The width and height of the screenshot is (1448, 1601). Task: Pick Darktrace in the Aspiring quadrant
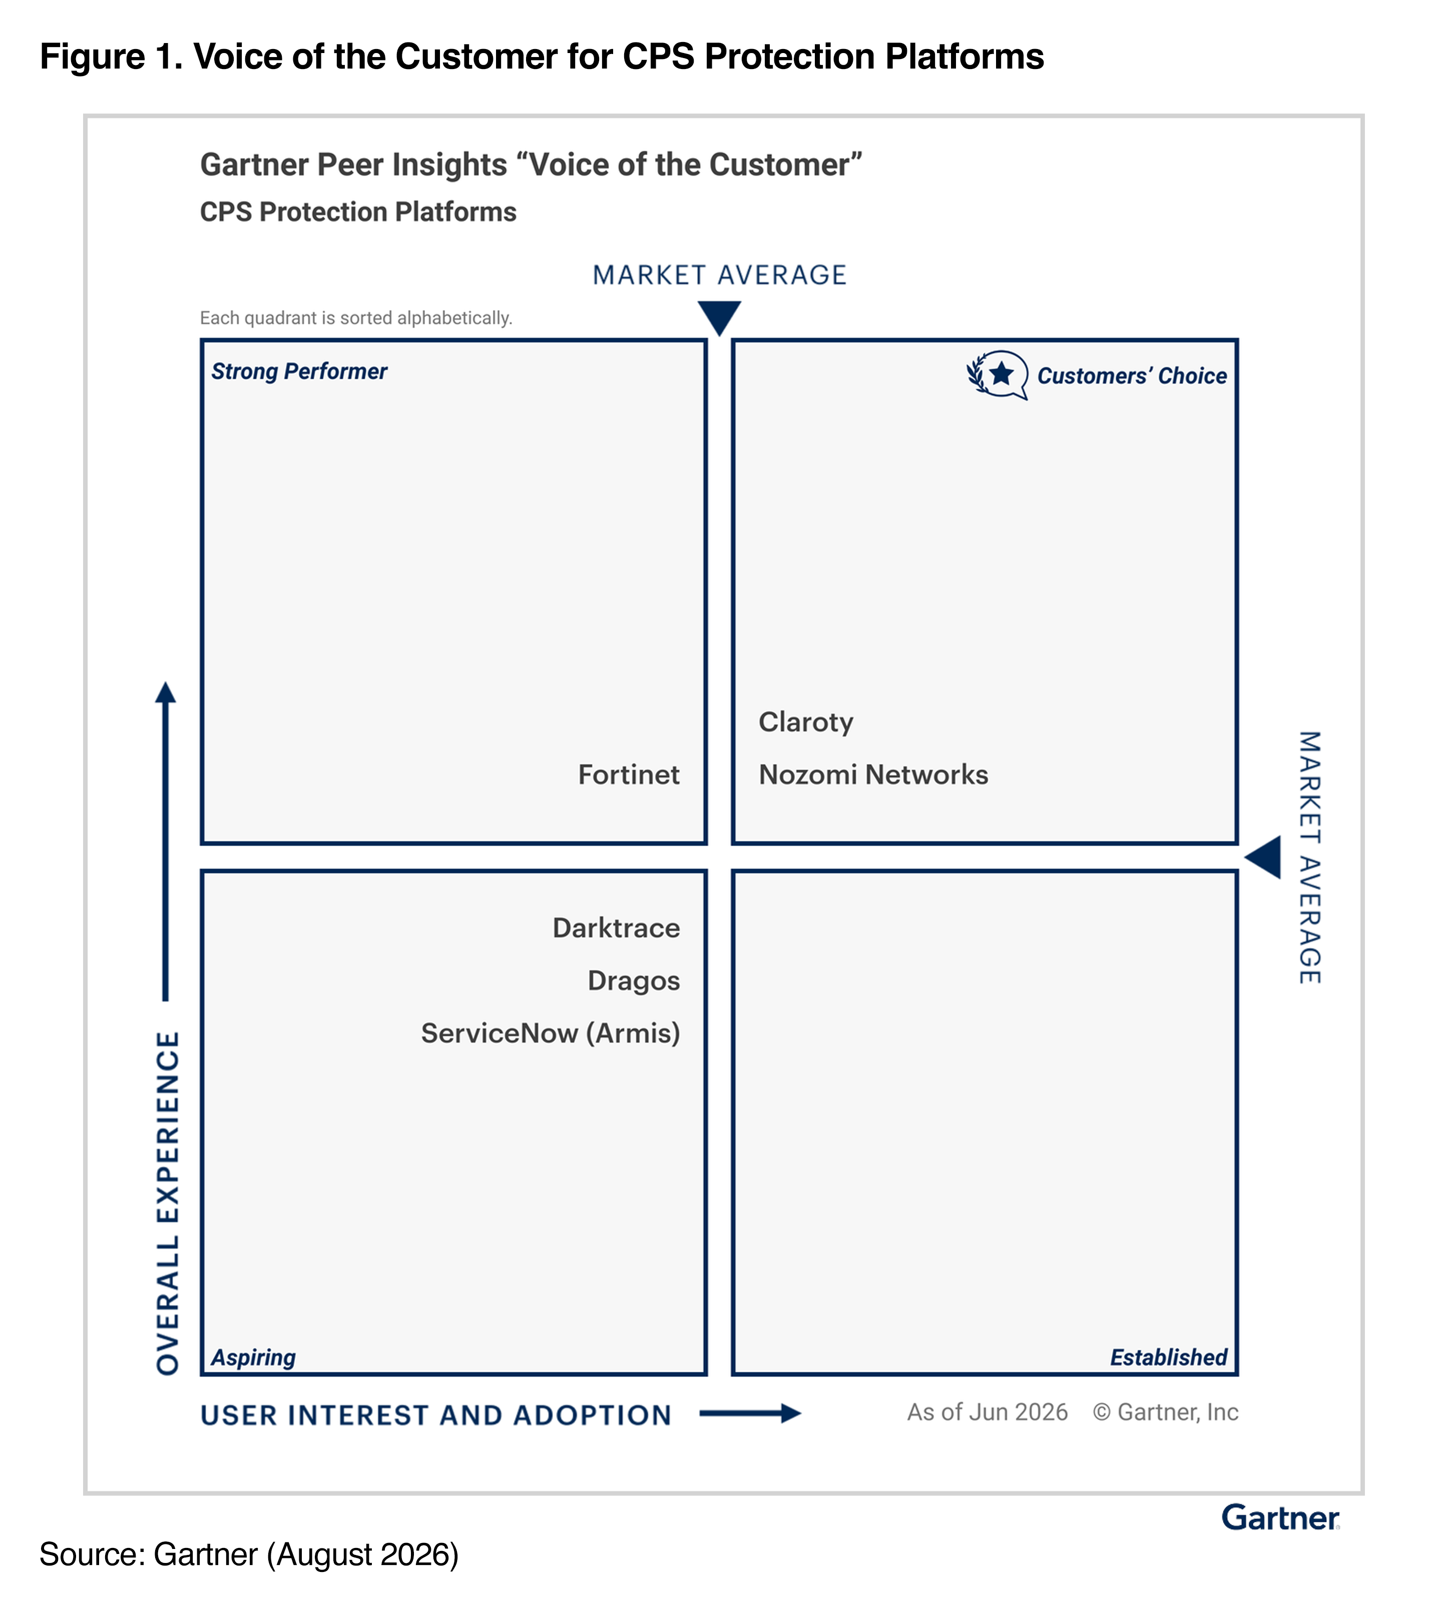616,928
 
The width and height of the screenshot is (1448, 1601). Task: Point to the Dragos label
634,981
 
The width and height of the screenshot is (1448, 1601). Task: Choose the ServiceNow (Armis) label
551,1033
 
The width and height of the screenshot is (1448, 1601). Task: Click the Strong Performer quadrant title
299,372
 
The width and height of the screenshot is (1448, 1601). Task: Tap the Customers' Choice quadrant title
1132,376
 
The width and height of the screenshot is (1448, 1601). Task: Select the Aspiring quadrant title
253,1357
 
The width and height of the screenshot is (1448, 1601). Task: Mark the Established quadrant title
1168,1357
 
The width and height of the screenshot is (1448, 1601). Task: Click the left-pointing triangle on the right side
1262,858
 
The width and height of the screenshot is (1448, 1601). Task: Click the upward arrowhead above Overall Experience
165,692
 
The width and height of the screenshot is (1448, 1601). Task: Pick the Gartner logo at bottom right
1280,1517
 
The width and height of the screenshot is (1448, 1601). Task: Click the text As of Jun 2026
988,1412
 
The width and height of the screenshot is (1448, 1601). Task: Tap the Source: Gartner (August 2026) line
249,1554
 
